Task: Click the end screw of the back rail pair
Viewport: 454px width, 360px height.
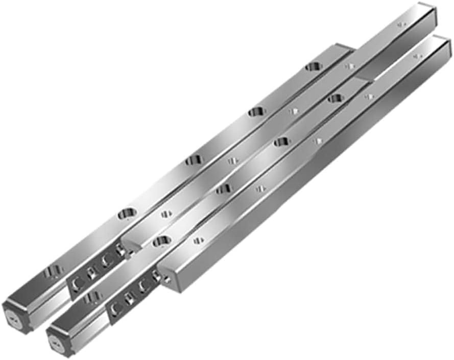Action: click(x=14, y=315)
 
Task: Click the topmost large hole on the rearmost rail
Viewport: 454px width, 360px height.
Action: click(x=313, y=66)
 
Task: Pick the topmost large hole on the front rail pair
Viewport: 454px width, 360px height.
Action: click(x=336, y=97)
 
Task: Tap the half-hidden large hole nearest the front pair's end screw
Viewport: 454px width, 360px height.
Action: click(x=93, y=297)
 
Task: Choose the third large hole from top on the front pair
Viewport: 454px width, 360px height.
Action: click(x=224, y=189)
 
